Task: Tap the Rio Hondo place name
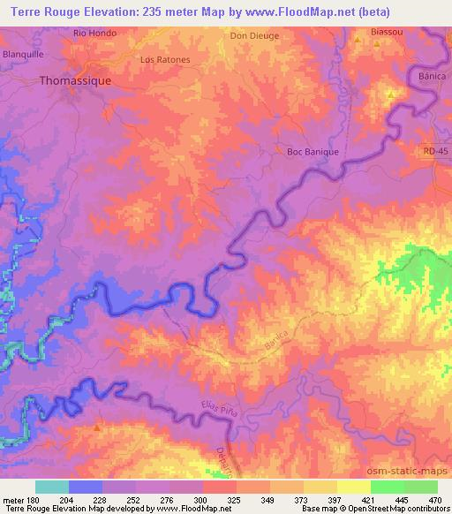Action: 94,34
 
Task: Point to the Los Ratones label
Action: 165,60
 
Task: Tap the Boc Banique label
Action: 313,152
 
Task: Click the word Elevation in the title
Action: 99,10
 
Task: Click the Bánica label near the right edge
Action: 433,77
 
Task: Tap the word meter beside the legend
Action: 14,499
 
